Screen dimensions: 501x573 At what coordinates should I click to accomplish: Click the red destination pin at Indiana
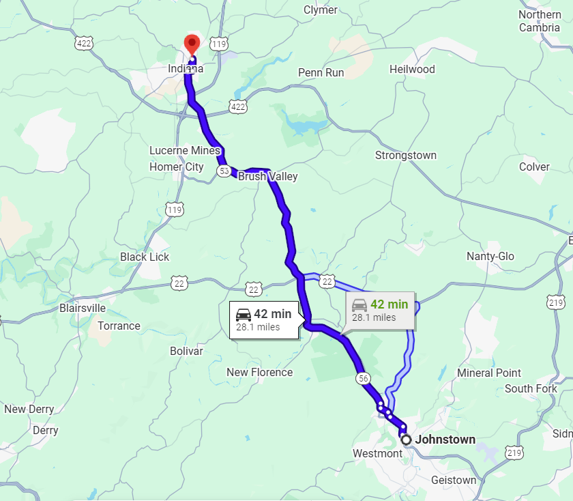(192, 44)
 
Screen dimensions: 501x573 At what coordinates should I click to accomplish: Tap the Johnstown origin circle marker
(407, 440)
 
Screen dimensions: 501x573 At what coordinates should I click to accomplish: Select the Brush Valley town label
(267, 176)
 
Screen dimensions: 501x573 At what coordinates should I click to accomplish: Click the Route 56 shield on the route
(363, 378)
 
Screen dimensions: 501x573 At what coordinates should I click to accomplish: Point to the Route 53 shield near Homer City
(224, 171)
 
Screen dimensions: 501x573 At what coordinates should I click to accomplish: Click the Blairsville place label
(83, 308)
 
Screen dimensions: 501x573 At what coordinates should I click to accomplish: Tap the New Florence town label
(259, 372)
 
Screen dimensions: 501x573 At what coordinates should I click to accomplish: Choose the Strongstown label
(405, 156)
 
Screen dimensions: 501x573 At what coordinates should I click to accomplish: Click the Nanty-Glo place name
(490, 256)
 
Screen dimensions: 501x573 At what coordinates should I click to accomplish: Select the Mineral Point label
(489, 373)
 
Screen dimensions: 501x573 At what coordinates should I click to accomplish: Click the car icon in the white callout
(244, 314)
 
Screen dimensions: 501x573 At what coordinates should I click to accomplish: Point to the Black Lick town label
(145, 257)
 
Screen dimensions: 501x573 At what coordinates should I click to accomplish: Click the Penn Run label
(321, 72)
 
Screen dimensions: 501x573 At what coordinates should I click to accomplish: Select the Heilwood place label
(412, 69)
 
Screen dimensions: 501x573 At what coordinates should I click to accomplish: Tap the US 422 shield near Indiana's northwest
(85, 43)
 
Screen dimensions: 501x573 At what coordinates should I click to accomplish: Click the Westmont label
(377, 454)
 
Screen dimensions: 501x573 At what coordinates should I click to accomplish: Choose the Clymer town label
(320, 10)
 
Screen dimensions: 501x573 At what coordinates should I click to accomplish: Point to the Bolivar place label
(186, 351)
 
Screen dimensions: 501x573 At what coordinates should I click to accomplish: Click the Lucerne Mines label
(185, 150)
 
